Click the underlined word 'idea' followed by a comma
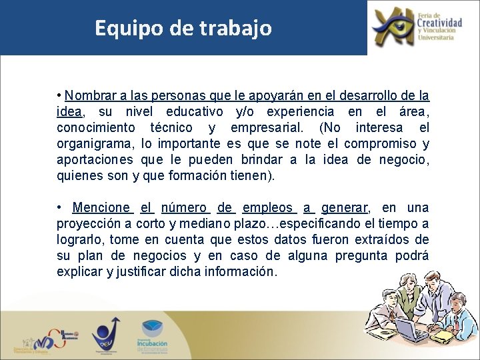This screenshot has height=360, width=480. (x=69, y=111)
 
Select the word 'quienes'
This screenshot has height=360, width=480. (x=79, y=176)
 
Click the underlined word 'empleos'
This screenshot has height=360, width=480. (x=267, y=208)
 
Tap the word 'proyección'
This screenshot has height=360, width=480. (x=90, y=224)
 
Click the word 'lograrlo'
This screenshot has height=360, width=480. (x=80, y=240)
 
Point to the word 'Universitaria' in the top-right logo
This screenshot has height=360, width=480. (x=436, y=37)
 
